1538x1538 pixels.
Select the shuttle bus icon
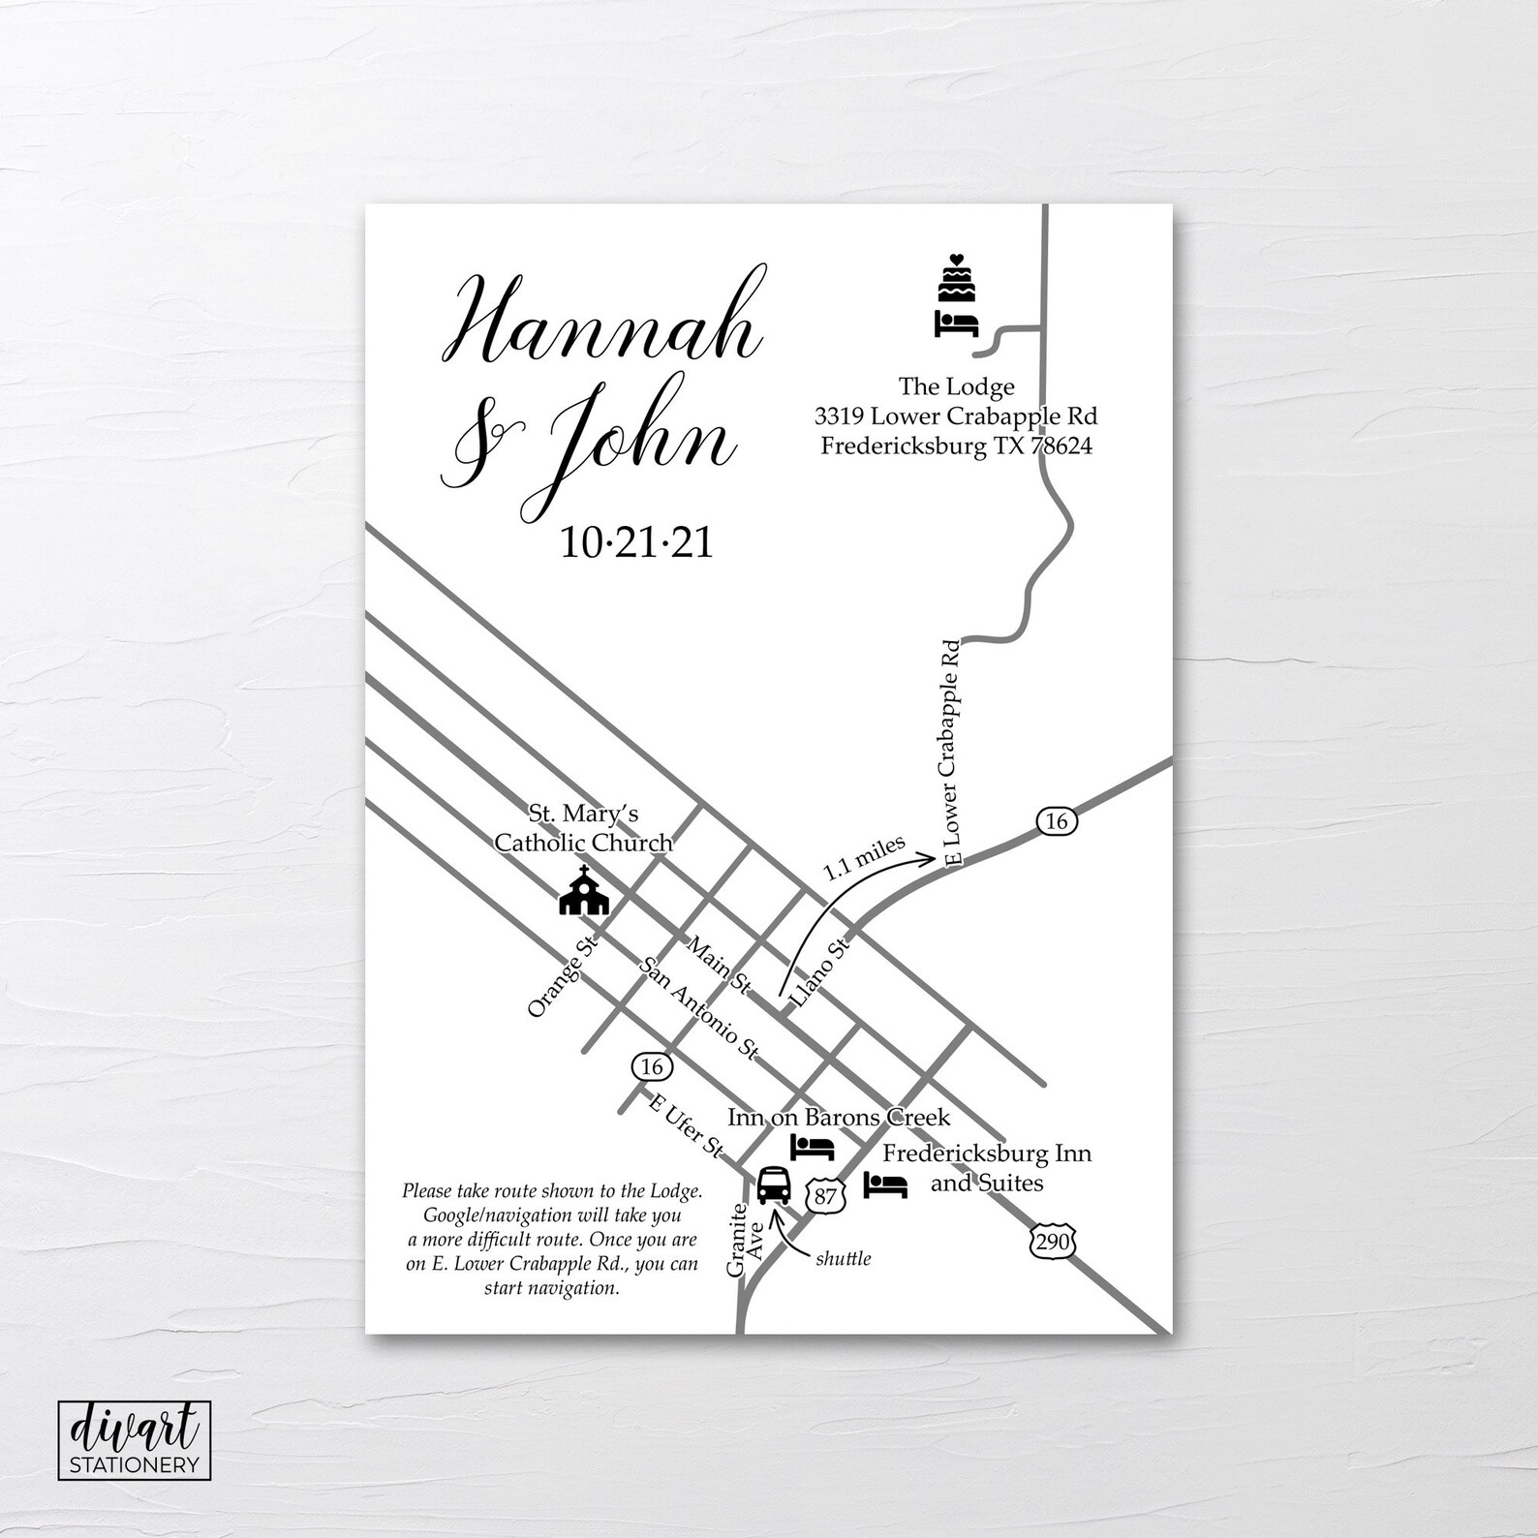(773, 1184)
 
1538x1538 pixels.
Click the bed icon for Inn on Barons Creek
(813, 1148)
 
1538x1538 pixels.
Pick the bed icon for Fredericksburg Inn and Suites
(885, 1185)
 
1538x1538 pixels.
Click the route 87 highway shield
(824, 1195)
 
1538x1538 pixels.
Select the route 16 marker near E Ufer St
(651, 1066)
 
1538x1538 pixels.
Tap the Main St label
(719, 965)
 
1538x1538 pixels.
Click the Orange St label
(565, 974)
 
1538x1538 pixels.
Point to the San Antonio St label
(700, 1008)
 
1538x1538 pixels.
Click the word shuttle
(844, 1258)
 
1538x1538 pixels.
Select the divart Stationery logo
(134, 1438)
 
